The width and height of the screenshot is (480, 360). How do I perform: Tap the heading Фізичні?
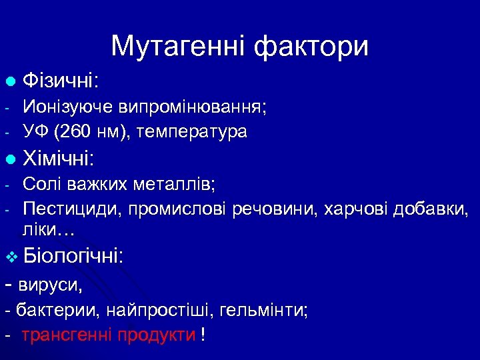(x=61, y=82)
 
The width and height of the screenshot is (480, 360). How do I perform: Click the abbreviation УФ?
(x=35, y=132)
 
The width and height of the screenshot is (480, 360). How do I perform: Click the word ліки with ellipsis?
(x=48, y=230)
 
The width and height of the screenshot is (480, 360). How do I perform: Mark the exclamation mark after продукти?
(x=202, y=335)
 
